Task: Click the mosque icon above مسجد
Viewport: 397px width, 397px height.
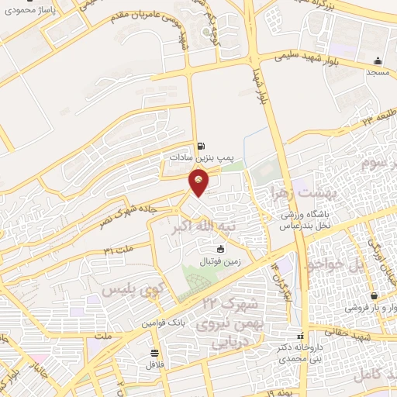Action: tap(378, 61)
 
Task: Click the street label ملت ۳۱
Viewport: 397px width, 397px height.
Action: tap(118, 250)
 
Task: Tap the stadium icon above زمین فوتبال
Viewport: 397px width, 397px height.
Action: tap(220, 250)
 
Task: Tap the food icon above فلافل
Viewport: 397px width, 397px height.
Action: tap(154, 353)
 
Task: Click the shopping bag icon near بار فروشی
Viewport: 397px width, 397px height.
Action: tap(375, 296)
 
